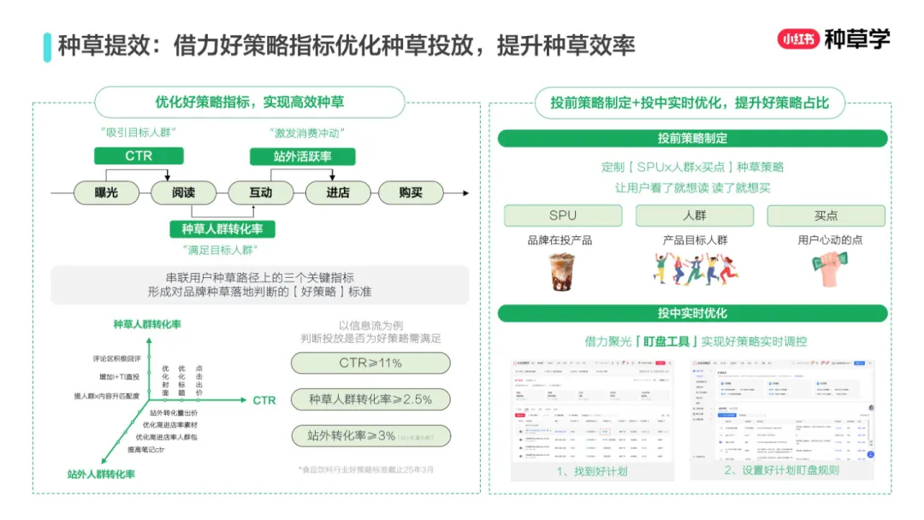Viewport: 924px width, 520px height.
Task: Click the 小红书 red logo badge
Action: (x=797, y=39)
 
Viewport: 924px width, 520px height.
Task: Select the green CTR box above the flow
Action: (x=139, y=156)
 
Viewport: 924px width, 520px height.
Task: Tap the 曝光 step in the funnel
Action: (x=107, y=193)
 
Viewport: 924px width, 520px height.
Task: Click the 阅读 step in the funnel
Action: (x=184, y=193)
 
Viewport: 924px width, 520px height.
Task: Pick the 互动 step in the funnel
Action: (x=260, y=193)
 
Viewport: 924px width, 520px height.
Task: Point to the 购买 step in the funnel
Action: (x=411, y=193)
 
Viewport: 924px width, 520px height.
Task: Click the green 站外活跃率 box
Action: (x=302, y=156)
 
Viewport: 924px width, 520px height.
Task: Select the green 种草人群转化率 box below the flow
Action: (x=222, y=229)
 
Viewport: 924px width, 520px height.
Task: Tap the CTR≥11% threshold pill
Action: (x=370, y=363)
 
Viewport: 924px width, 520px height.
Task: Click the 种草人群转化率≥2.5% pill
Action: (x=370, y=399)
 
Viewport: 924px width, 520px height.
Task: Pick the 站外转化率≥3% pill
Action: (x=370, y=436)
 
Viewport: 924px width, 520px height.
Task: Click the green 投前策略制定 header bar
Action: (x=693, y=139)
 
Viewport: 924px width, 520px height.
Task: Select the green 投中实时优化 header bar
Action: (x=693, y=313)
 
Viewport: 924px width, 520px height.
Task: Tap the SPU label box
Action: (x=562, y=216)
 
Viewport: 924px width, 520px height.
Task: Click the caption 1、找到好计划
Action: (x=591, y=470)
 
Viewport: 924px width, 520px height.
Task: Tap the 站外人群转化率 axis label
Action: (x=101, y=473)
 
